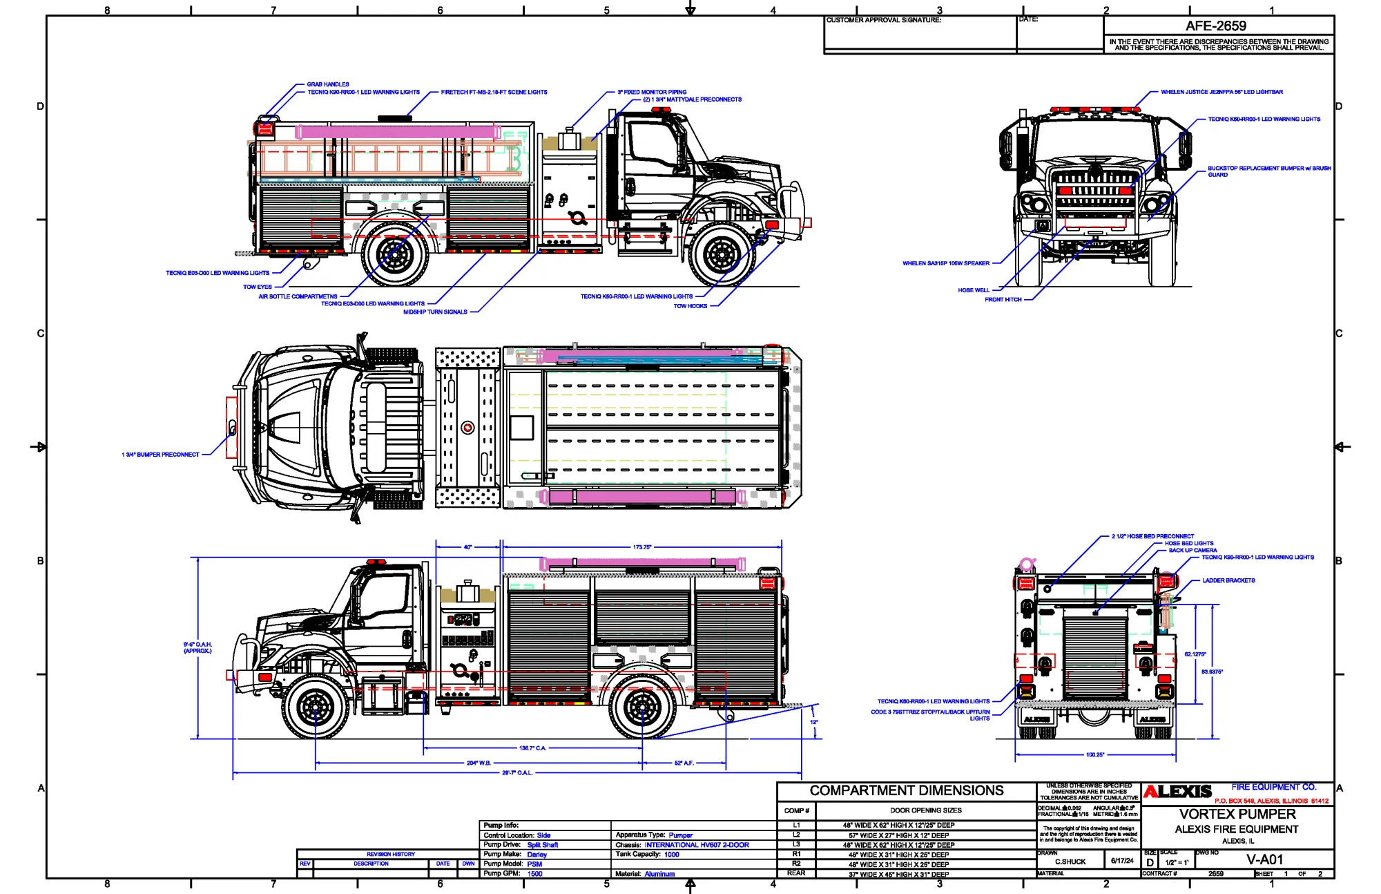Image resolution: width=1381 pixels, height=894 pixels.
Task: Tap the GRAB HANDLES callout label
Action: pos(328,84)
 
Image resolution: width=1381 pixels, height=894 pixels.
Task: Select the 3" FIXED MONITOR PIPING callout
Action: pos(652,92)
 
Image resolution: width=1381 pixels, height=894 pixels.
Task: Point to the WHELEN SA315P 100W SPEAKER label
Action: pos(946,263)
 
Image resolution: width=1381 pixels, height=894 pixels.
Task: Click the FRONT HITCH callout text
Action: pos(1003,300)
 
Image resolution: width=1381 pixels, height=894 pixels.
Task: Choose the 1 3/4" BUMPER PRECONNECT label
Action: pos(160,455)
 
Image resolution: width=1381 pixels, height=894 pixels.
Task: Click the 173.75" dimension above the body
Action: pos(642,547)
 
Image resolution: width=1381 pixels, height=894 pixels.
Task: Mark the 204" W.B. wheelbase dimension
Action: pos(479,763)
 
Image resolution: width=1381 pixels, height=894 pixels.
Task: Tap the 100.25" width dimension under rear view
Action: pos(1095,755)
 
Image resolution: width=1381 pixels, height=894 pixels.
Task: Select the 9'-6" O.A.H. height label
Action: pos(197,647)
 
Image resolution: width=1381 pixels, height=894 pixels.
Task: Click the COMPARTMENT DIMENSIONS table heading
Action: pos(906,791)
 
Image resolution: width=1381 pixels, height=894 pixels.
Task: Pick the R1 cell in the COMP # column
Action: pos(796,854)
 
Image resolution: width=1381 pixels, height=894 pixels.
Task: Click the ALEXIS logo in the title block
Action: pos(1177,792)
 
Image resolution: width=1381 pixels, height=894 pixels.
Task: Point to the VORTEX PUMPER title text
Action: pos(1237,815)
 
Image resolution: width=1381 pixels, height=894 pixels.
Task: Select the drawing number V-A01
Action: pos(1264,860)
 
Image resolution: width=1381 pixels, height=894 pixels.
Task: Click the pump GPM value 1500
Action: pos(534,874)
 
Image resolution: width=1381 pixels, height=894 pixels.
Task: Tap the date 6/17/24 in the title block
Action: pos(1122,861)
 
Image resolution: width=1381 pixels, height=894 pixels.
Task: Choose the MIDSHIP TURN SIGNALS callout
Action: pos(435,312)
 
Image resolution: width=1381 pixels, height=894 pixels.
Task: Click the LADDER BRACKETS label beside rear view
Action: pos(1228,580)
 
